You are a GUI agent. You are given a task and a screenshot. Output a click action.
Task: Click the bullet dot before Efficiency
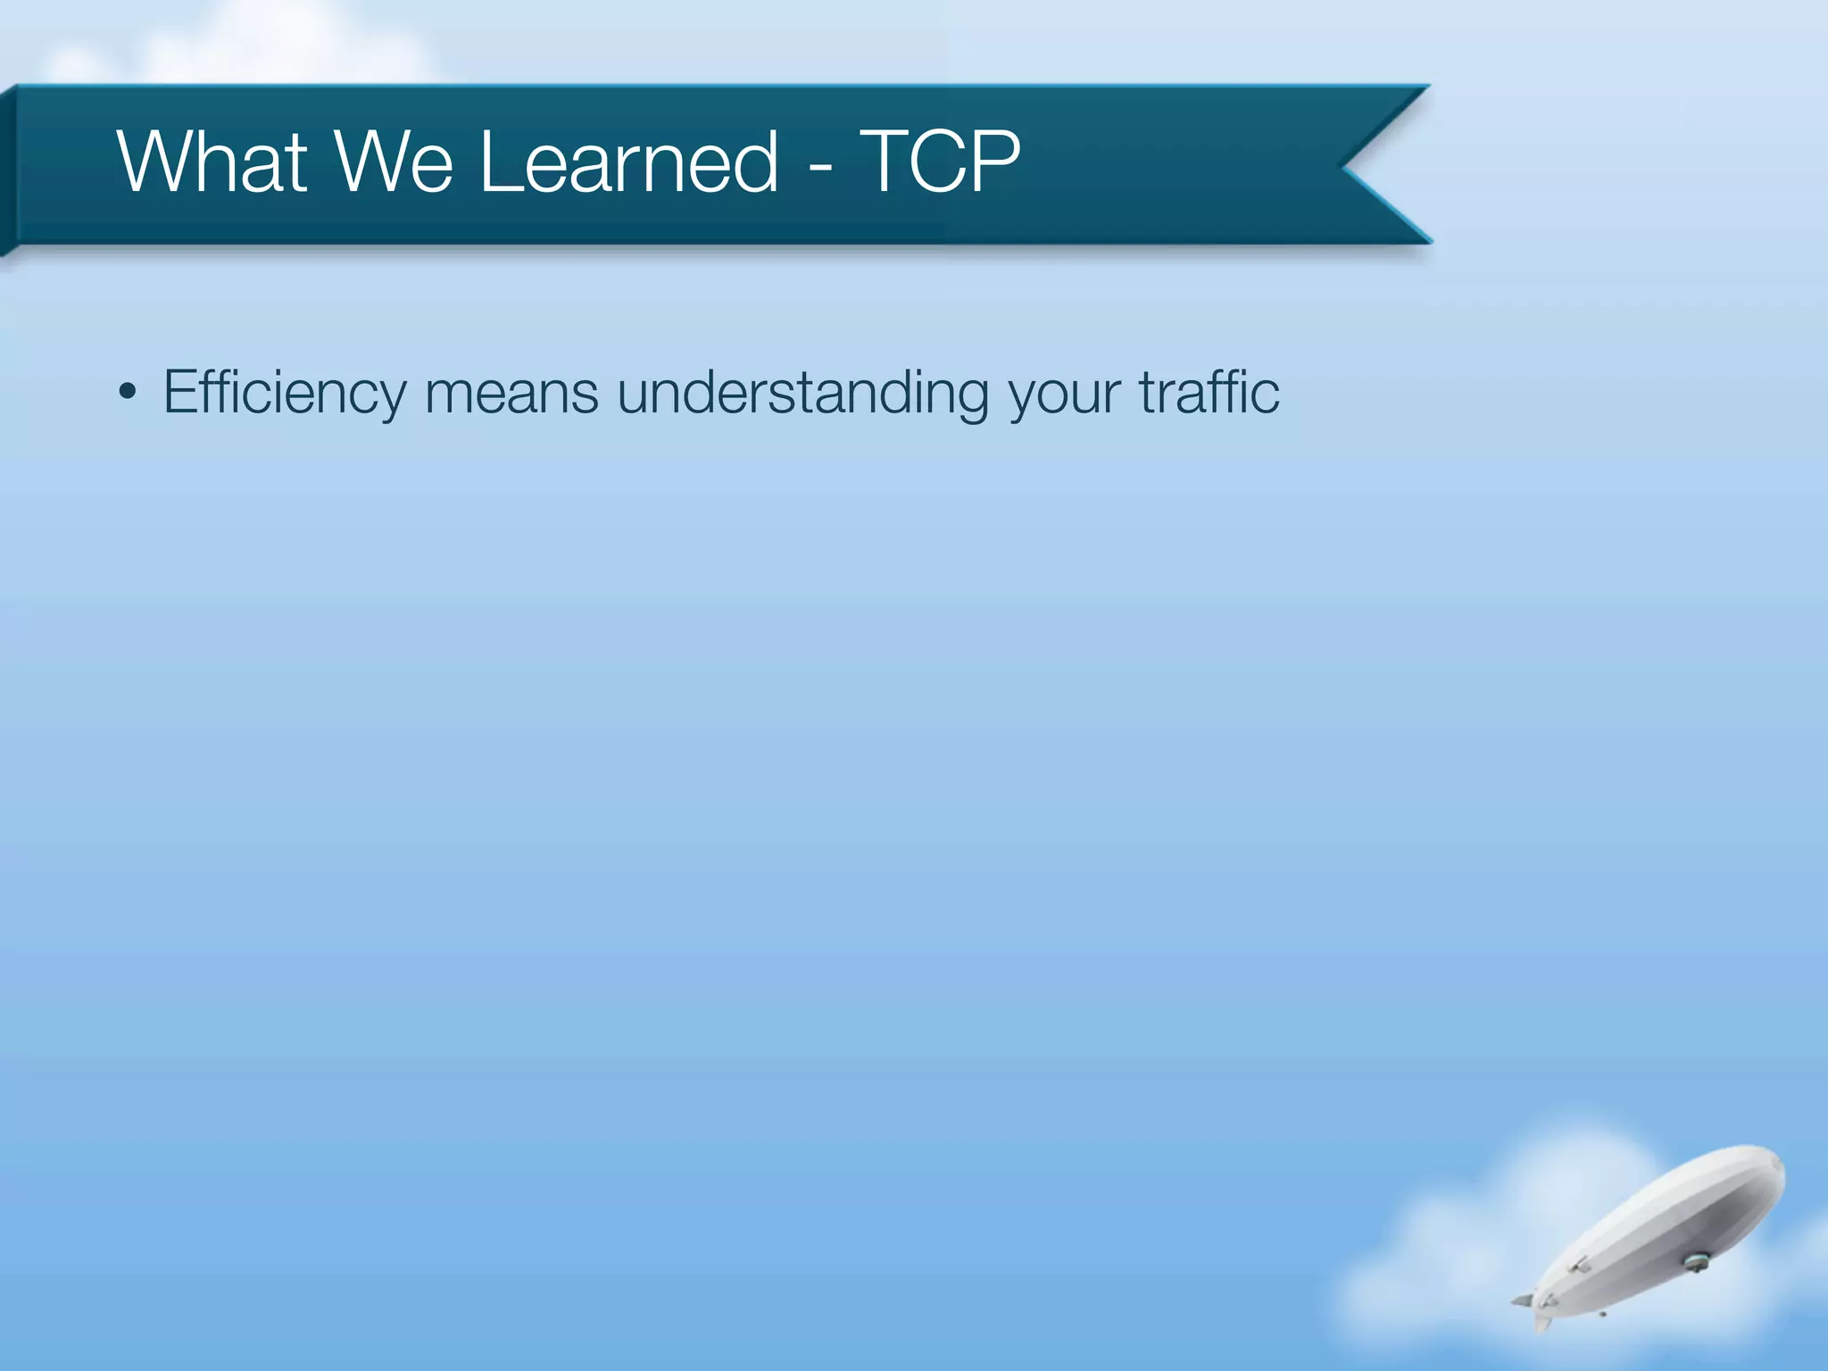point(128,392)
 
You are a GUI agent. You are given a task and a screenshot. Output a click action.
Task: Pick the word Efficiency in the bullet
point(284,393)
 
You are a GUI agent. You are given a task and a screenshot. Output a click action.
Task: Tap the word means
point(511,393)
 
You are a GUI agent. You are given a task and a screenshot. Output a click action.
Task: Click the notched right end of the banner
point(1375,164)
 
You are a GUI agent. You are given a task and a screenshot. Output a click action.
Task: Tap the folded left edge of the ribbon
point(8,170)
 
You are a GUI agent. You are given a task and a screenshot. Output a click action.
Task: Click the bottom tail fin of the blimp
point(1541,1320)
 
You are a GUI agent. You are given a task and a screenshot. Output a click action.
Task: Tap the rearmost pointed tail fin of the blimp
point(1521,1300)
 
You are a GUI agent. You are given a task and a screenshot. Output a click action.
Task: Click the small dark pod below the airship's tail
point(1603,1314)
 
